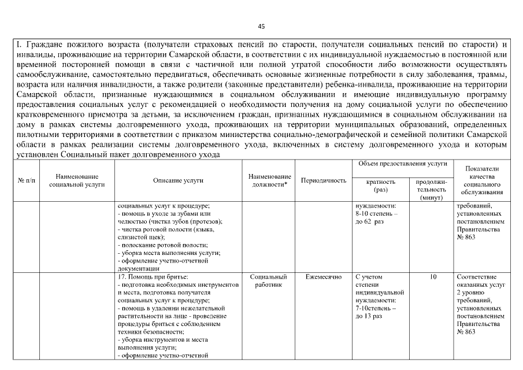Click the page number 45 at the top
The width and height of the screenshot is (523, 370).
click(x=261, y=26)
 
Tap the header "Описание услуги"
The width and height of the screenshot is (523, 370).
click(x=178, y=180)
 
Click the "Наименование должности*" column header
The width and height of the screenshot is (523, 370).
click(x=269, y=180)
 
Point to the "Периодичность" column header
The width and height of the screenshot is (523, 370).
click(x=324, y=180)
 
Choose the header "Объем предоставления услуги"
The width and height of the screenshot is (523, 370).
click(x=403, y=164)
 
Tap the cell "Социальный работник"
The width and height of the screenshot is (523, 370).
click(x=269, y=281)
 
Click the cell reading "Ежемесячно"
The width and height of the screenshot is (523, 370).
click(x=324, y=277)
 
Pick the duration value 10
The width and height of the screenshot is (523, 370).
click(x=433, y=277)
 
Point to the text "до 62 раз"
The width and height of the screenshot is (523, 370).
click(x=370, y=222)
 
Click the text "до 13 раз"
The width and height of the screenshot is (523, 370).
click(x=370, y=317)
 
